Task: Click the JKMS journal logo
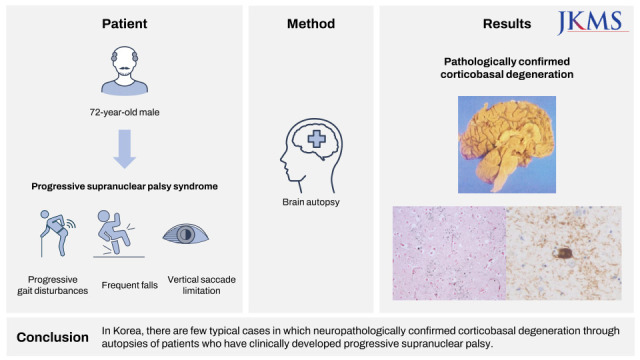click(x=592, y=22)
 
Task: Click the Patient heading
click(x=124, y=24)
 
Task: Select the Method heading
click(x=311, y=24)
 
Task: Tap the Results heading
click(x=507, y=24)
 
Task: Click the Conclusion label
click(x=53, y=337)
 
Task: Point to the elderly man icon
click(x=124, y=71)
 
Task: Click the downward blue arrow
click(x=124, y=149)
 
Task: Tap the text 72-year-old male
click(x=124, y=112)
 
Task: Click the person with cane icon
click(x=57, y=233)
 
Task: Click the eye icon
click(x=186, y=234)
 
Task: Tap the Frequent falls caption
click(x=129, y=285)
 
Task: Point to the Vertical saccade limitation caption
click(x=202, y=285)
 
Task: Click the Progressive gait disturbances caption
click(x=53, y=285)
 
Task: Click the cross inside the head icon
click(x=317, y=139)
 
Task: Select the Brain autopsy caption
click(x=311, y=202)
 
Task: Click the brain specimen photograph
click(x=507, y=144)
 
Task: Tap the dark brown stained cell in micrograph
click(x=564, y=253)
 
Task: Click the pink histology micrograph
click(x=449, y=253)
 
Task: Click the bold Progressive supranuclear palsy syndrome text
click(x=124, y=187)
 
